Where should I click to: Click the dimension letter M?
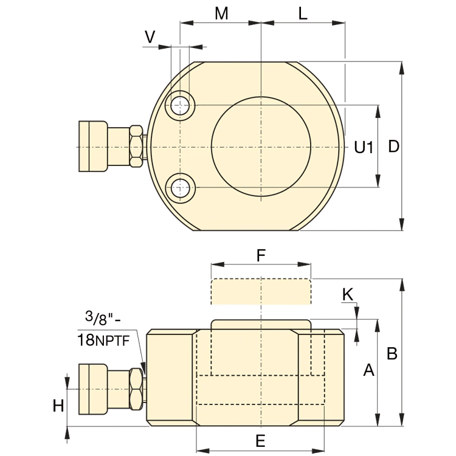(x=221, y=13)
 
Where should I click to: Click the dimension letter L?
(x=303, y=13)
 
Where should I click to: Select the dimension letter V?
(x=150, y=37)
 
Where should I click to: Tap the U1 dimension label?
(x=364, y=147)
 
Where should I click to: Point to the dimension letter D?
(x=394, y=147)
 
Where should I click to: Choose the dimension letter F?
(x=261, y=255)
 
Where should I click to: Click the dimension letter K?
(x=348, y=294)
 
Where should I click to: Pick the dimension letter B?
(x=392, y=354)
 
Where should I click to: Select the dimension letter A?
(x=369, y=370)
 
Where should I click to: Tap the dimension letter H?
(x=58, y=406)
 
